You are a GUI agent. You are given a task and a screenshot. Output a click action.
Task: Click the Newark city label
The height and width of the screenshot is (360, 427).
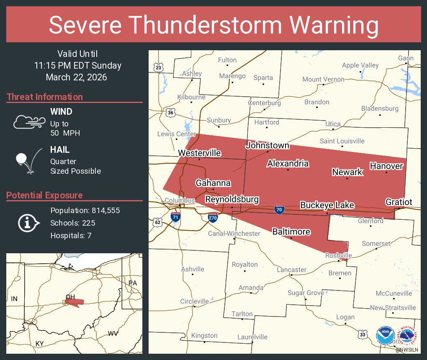(x=347, y=172)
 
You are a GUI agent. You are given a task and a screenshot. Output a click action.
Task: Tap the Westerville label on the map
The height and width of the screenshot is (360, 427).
(x=199, y=153)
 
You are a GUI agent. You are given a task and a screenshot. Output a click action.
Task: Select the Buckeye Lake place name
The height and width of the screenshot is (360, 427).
(x=327, y=205)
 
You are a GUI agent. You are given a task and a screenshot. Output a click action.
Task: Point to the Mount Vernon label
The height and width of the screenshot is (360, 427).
(x=323, y=79)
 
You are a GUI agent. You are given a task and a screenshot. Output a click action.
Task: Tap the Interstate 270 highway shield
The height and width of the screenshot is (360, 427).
(x=213, y=217)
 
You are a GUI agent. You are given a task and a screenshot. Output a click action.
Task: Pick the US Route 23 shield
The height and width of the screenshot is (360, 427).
(x=158, y=67)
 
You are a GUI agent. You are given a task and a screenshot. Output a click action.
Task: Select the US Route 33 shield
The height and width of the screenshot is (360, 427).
(x=362, y=334)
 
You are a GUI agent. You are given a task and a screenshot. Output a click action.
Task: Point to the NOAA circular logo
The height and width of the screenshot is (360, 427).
(x=385, y=336)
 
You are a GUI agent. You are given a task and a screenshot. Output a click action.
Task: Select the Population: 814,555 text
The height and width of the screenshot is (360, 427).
(x=85, y=210)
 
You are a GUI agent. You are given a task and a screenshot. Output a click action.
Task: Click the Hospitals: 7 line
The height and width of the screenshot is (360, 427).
(x=71, y=235)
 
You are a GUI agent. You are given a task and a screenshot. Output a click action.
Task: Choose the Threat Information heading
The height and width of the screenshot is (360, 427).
(x=45, y=97)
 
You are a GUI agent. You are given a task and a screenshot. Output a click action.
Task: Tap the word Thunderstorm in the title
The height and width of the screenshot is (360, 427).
(x=214, y=25)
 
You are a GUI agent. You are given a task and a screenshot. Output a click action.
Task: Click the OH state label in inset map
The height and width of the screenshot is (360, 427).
(x=70, y=297)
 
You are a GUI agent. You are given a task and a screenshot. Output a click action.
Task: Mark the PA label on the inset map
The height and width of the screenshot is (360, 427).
(x=133, y=283)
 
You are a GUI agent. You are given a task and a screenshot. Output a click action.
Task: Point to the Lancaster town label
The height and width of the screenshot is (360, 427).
(x=292, y=270)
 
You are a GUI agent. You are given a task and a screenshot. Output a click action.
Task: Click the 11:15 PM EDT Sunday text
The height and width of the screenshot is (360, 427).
(x=78, y=65)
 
